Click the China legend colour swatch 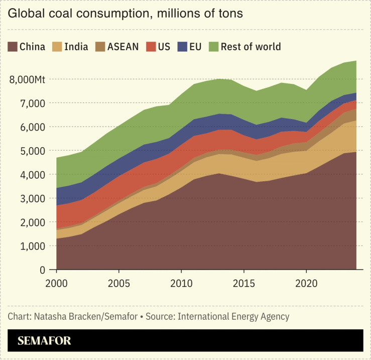coord(13,47)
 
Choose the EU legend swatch coord(182,47)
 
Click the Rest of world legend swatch coord(214,47)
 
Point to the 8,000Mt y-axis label coord(28,79)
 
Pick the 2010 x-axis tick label coord(181,282)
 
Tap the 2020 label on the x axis coord(306,282)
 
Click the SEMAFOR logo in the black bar coord(44,341)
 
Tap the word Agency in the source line coord(275,317)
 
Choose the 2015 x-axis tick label coord(244,282)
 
